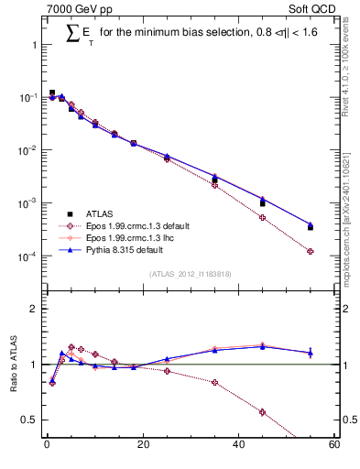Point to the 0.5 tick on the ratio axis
29,420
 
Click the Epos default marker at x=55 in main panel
311,251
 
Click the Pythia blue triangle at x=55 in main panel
311,224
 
